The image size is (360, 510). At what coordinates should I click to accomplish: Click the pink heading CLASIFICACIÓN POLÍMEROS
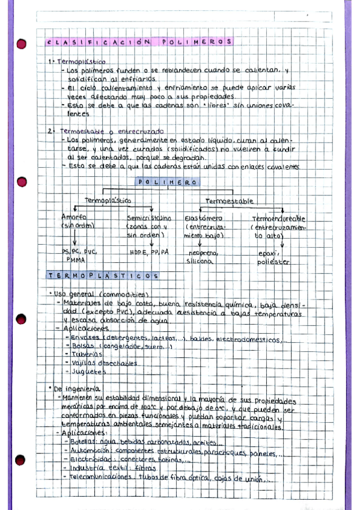[139, 42]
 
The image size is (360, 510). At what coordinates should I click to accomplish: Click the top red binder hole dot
[22, 44]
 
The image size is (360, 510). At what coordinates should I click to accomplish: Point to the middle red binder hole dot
[22, 180]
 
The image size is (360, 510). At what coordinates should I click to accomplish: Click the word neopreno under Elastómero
[203, 253]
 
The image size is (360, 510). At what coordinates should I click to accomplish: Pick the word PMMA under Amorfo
[76, 260]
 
